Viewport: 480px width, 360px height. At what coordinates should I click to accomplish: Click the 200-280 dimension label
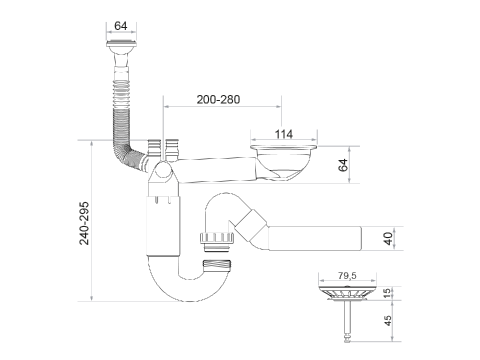coord(218,99)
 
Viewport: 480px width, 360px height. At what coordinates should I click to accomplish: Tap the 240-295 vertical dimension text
coord(84,223)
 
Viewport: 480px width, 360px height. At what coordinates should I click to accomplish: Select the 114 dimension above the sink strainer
coord(283,134)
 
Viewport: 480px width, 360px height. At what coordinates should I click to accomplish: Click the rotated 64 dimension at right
coord(343,165)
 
